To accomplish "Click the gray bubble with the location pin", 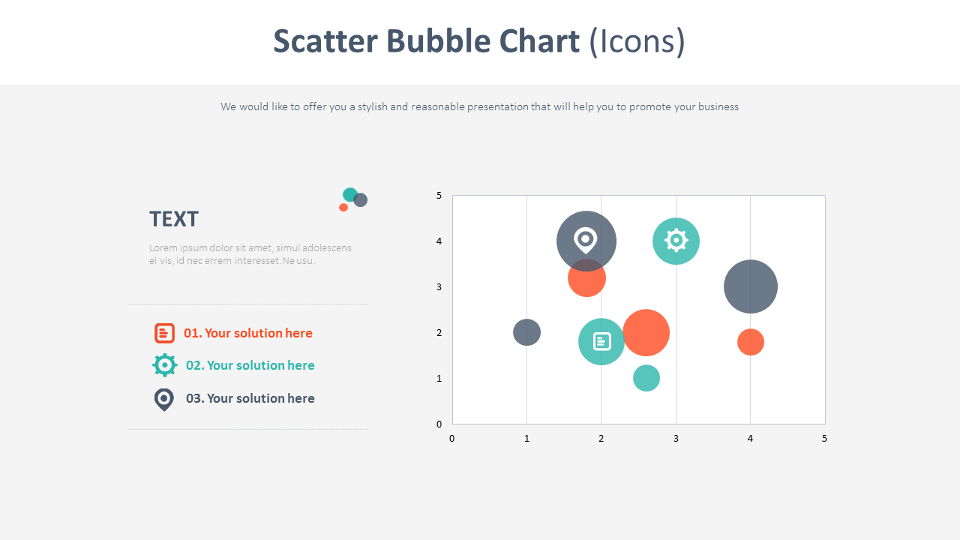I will pos(586,241).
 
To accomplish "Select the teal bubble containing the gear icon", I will pos(676,241).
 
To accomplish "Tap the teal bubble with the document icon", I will pos(601,342).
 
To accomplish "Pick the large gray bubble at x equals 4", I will pos(750,286).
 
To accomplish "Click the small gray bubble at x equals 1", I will pos(526,332).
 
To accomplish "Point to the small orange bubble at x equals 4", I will pos(750,342).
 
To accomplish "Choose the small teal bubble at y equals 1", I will pos(646,378).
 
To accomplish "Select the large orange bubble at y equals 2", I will pos(646,332).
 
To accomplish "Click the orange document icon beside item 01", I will pos(164,333).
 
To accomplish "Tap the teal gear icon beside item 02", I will pos(164,365).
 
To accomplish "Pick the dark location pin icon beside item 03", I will pos(163,399).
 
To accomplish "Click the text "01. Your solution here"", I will pos(247,333).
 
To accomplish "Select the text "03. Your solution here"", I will pos(250,398).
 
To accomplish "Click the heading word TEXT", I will pos(173,219).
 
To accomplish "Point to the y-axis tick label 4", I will pos(439,241).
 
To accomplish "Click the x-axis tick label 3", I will pos(676,439).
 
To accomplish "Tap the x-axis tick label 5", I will pos(824,439).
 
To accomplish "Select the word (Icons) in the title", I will pos(637,41).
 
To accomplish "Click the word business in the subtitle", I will pos(718,106).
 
